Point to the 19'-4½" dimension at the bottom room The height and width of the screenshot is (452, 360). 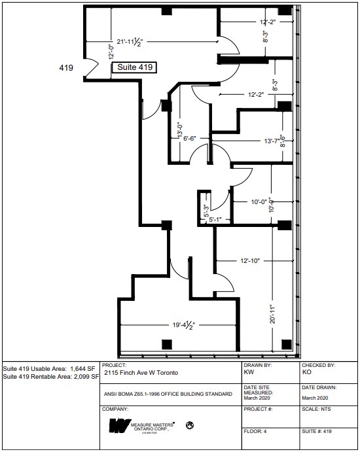(x=178, y=323)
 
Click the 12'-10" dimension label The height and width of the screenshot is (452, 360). (x=250, y=261)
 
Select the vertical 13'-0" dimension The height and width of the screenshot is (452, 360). (x=178, y=128)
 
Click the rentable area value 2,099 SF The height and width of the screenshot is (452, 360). (x=83, y=377)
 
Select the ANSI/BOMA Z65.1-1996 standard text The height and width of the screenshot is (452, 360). (x=167, y=394)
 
